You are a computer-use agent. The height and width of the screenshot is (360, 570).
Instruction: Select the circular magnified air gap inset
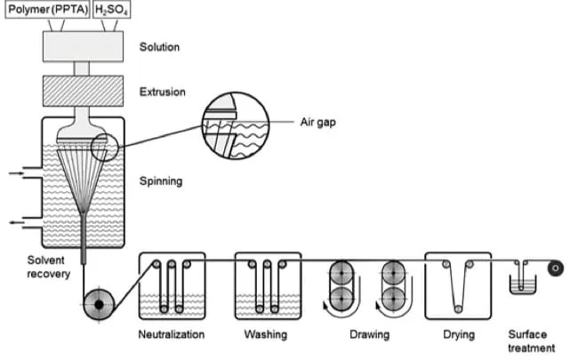(237, 132)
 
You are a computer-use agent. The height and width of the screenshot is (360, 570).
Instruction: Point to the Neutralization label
(172, 335)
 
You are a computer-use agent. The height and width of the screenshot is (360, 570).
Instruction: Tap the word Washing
(265, 335)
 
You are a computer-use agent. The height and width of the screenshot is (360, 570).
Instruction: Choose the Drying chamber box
(458, 284)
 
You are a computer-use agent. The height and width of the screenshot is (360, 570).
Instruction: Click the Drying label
(458, 335)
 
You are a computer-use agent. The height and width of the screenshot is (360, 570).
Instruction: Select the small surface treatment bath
(520, 285)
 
